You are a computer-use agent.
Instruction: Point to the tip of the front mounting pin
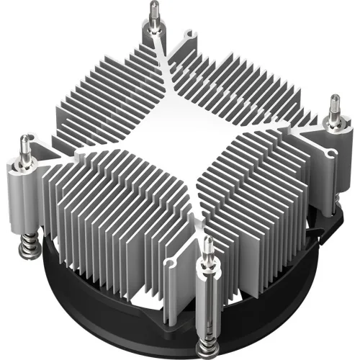[x=208, y=240]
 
